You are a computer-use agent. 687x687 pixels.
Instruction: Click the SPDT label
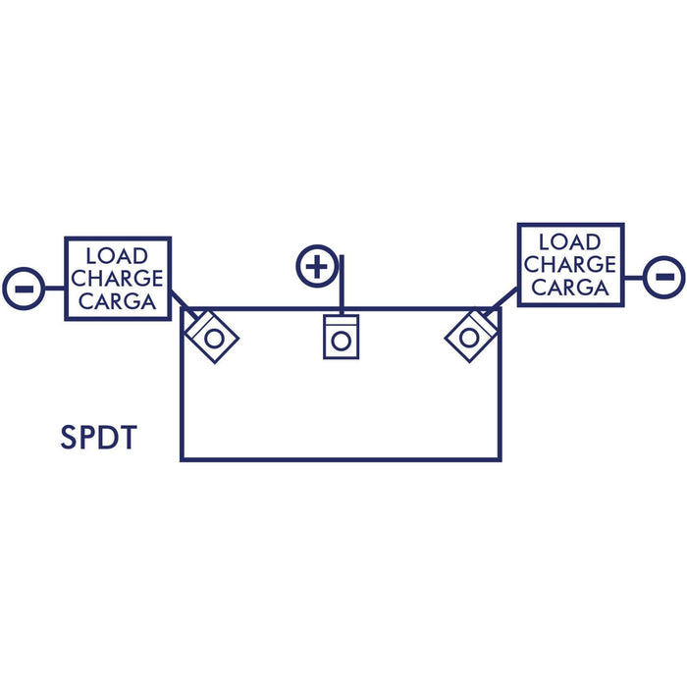pos(98,438)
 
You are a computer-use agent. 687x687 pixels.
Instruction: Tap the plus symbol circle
pos(317,266)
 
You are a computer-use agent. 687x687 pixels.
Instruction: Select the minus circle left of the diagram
pos(24,289)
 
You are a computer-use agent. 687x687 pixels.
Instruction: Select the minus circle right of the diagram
pos(664,278)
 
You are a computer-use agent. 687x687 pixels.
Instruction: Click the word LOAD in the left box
pos(117,256)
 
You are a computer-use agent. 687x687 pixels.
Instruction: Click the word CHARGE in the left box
pos(117,279)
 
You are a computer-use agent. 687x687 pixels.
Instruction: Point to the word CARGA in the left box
pos(118,301)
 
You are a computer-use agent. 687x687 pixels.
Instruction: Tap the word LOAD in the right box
pos(569,242)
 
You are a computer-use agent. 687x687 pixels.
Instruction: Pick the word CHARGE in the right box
pos(570,265)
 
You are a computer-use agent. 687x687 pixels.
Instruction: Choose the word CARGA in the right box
pos(570,288)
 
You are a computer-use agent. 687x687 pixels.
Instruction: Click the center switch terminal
pos(342,337)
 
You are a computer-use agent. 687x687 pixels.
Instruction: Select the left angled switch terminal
pos(212,337)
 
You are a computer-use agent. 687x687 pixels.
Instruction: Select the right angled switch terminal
pos(471,336)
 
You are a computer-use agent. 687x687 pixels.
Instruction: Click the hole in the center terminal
pos(342,342)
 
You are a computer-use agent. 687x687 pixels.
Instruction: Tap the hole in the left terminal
pos(214,339)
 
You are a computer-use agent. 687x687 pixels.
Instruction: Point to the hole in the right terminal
pos(469,338)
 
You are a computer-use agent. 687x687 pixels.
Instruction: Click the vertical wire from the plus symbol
pos(342,285)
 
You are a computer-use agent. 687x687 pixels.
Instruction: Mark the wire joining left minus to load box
pos(55,289)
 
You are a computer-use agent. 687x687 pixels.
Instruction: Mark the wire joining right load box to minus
pos(634,278)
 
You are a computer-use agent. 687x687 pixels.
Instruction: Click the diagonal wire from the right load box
pos(501,301)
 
